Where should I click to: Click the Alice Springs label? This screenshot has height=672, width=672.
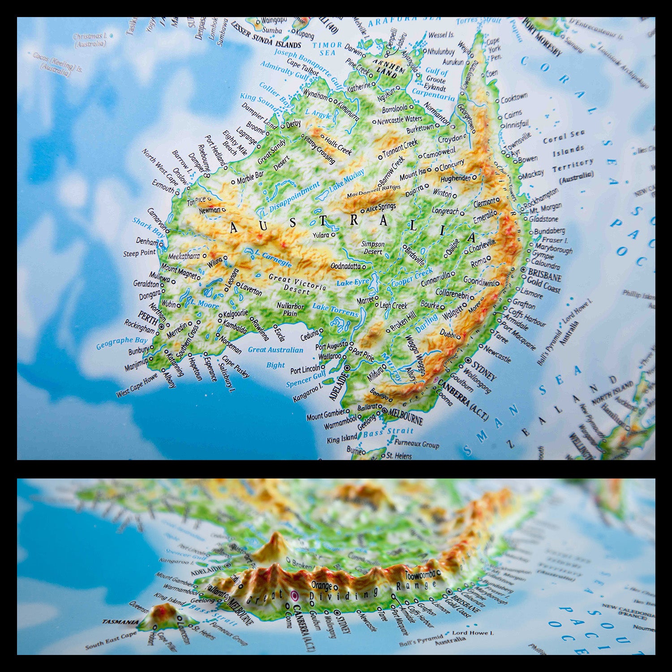381,207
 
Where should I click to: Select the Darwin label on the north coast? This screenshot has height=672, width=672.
353,52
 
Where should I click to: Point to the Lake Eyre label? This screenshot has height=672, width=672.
353,283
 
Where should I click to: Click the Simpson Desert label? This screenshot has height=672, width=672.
373,248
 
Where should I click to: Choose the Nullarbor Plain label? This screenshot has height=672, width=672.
290,309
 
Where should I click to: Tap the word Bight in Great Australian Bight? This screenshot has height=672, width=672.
276,365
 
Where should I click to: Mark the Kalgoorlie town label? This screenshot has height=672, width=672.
236,314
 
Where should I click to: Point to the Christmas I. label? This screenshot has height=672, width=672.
90,40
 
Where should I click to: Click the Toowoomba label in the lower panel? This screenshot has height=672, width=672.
420,575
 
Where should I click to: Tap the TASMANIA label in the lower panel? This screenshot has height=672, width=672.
120,622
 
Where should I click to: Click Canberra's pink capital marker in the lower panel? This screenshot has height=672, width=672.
295,595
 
